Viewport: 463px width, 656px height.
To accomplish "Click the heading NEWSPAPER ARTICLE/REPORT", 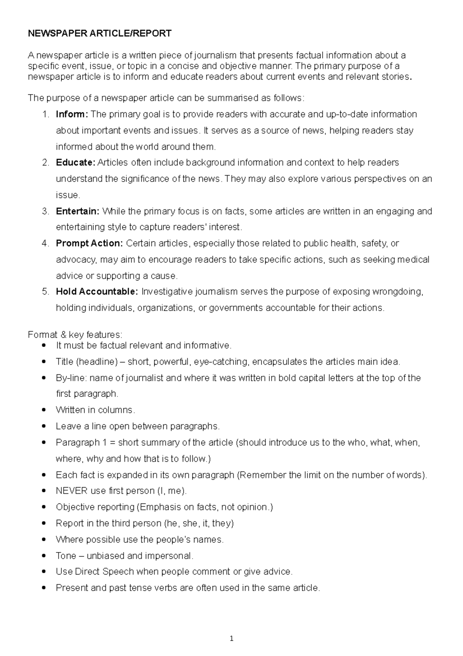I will pyautogui.click(x=100, y=34).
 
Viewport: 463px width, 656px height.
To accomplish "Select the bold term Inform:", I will pyautogui.click(x=72, y=114).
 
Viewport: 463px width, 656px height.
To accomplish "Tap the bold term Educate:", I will pyautogui.click(x=75, y=163).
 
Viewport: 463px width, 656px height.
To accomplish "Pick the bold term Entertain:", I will pyautogui.click(x=78, y=211).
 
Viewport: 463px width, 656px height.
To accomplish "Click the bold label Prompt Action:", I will pyautogui.click(x=89, y=243).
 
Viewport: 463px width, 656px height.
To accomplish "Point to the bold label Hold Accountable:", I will pyautogui.click(x=97, y=292).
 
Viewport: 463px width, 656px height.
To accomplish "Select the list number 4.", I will pyautogui.click(x=46, y=243).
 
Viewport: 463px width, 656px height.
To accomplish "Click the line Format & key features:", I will pyautogui.click(x=75, y=335).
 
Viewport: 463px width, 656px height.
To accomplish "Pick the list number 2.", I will pyautogui.click(x=46, y=163).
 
